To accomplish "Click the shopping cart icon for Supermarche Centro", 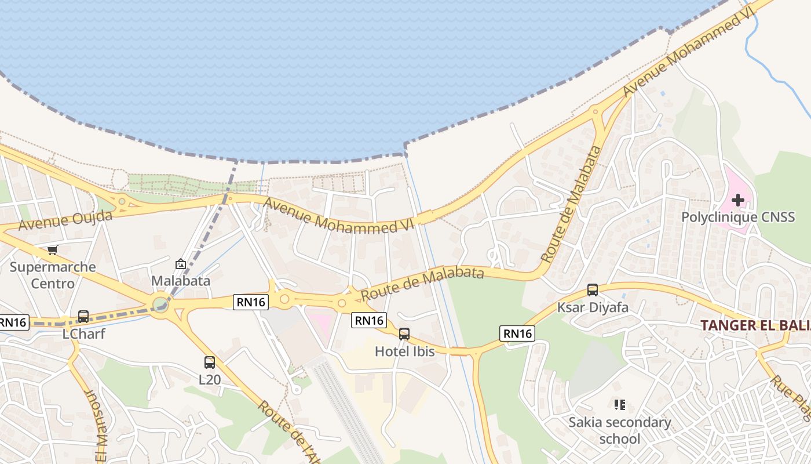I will [53, 250].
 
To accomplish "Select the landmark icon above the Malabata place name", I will [180, 264].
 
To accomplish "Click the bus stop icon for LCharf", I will [83, 317].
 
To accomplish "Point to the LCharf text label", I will [83, 334].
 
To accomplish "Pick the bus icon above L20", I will [210, 362].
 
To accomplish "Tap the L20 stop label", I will [210, 380].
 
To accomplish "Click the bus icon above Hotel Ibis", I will [404, 333].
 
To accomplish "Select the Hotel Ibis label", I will [404, 351].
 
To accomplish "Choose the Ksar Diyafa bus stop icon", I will [593, 290].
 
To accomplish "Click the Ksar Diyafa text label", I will [593, 307].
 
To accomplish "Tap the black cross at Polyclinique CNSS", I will [738, 201].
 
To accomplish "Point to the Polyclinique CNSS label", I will [738, 217].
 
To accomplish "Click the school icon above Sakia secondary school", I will [619, 404].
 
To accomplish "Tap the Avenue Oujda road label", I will [65, 220].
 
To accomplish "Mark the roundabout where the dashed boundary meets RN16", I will [160, 304].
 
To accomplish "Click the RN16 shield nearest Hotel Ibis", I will [368, 320].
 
